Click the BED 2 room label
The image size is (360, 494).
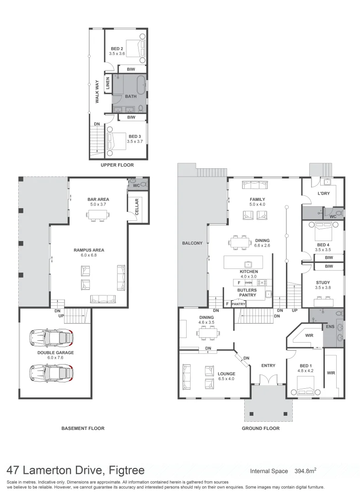[x=117, y=48]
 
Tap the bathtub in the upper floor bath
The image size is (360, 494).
[x=141, y=85]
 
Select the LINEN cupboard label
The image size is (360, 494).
[x=108, y=84]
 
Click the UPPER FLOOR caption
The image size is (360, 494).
[x=118, y=165]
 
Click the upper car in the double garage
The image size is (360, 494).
[x=51, y=338]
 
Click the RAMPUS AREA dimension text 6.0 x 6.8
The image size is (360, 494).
[x=89, y=256]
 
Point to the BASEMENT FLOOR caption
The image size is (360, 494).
[x=83, y=429]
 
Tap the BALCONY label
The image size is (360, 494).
[x=192, y=243]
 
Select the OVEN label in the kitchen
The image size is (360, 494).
[x=248, y=283]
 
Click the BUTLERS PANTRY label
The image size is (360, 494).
[x=247, y=293]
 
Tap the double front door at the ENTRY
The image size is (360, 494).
[x=268, y=379]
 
